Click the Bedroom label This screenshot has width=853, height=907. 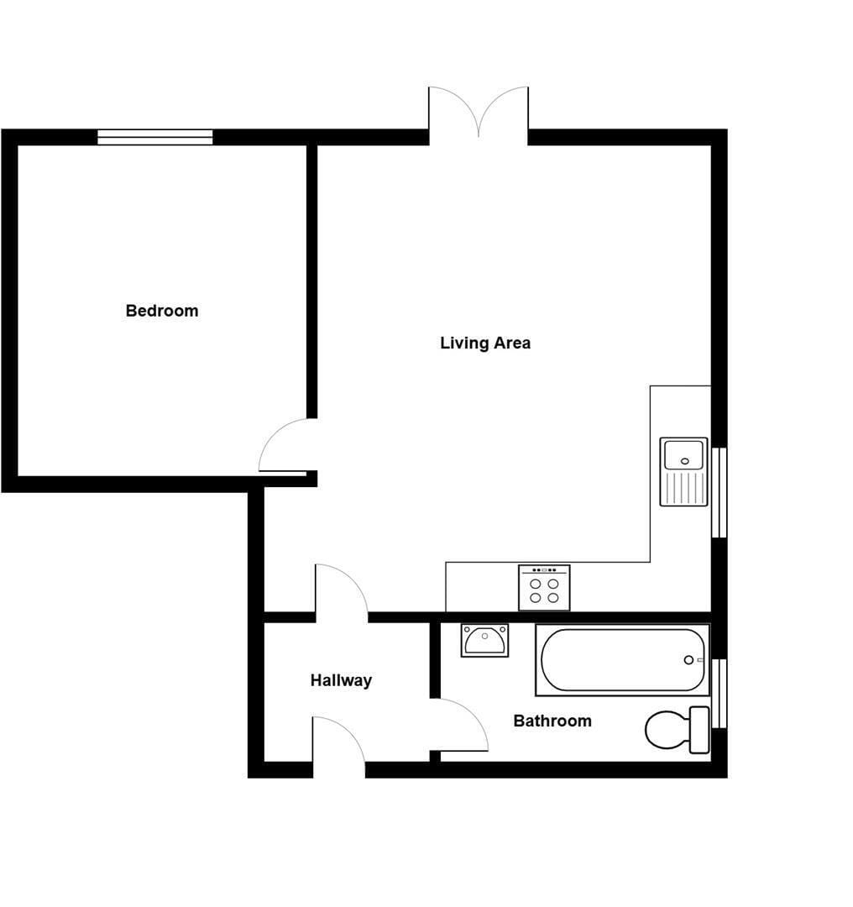[162, 311]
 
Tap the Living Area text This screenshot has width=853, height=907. [485, 343]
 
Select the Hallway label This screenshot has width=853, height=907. [341, 680]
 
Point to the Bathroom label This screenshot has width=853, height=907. [552, 721]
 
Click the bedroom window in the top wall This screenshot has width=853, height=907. [155, 137]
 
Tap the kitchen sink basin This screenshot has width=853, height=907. [683, 455]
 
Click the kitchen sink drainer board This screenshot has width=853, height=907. [684, 488]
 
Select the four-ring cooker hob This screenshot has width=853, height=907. [544, 588]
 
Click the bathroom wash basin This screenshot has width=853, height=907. [484, 640]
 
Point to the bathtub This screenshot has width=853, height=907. [622, 660]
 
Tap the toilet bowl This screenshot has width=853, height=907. [667, 730]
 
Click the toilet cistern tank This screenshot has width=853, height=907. [699, 730]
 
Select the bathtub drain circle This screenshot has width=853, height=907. [688, 660]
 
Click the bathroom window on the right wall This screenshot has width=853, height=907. [720, 693]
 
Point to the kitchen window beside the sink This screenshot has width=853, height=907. [720, 492]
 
